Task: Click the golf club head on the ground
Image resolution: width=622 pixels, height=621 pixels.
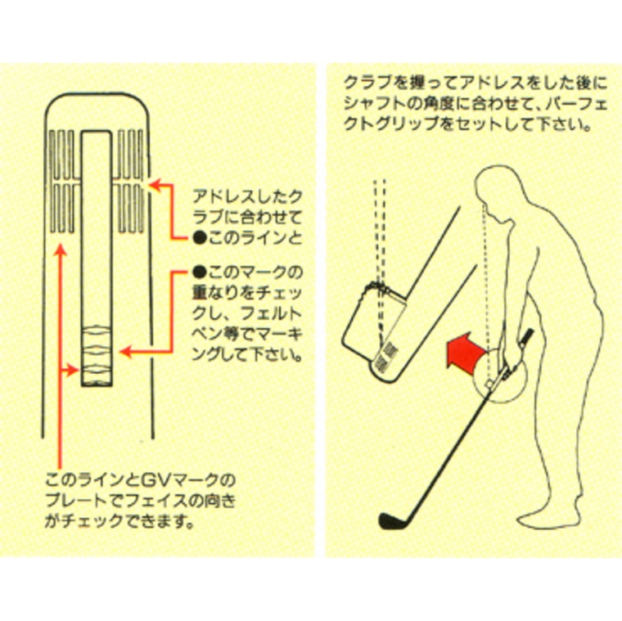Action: click(x=390, y=520)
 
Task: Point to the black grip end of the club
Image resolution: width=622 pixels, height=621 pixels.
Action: click(x=528, y=337)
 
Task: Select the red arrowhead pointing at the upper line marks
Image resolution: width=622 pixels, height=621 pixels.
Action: click(x=155, y=185)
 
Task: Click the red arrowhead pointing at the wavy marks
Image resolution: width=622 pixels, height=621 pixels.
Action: click(x=125, y=352)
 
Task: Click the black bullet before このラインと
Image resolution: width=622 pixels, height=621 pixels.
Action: click(x=199, y=238)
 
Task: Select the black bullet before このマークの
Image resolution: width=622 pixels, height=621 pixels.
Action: click(x=199, y=272)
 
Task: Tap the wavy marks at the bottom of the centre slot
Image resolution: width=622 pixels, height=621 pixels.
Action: click(x=97, y=353)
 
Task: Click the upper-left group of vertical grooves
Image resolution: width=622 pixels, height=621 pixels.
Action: click(x=62, y=154)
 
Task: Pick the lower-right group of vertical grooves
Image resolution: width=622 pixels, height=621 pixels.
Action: click(x=131, y=208)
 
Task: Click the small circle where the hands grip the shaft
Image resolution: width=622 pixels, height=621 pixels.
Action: click(x=489, y=384)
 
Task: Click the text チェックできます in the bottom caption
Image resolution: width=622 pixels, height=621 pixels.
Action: click(x=131, y=521)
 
